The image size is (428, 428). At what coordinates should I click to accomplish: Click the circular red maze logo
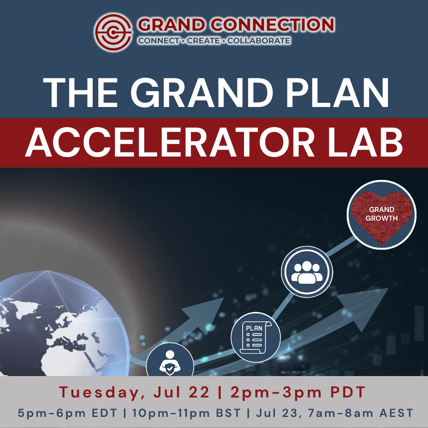pos(113,32)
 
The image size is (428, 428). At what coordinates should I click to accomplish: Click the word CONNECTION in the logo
pos(273,25)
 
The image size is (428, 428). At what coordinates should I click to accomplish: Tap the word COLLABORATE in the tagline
pos(259,41)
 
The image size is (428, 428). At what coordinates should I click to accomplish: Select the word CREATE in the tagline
pos(203,41)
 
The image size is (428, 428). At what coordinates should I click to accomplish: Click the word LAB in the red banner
pos(365,142)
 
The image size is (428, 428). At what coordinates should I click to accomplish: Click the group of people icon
pos(307,272)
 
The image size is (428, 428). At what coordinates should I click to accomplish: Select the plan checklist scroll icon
pos(256,337)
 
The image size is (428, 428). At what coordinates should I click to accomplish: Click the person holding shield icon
pos(170,363)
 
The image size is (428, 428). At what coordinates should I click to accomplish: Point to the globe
pos(61,323)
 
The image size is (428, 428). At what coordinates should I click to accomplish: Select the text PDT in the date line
pos(348,392)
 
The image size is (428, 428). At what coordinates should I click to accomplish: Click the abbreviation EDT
pos(104,413)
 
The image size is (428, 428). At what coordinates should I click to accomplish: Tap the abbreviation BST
pos(229,413)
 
